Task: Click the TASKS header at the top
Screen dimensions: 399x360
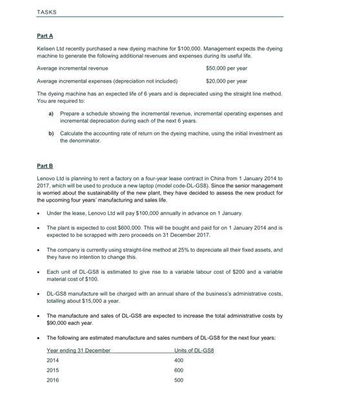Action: [x=47, y=12]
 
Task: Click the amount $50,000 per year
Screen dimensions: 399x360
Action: [x=226, y=68]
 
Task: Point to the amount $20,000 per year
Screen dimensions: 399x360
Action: [x=226, y=81]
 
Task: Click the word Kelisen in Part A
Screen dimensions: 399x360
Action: [x=46, y=49]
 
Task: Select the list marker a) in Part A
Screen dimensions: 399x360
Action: [x=51, y=113]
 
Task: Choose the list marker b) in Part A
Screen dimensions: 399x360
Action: [x=51, y=132]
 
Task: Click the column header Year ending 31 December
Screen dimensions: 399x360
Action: [x=79, y=350]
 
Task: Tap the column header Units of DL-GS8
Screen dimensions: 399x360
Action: [x=194, y=350]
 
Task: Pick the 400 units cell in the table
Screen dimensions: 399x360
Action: [x=179, y=360]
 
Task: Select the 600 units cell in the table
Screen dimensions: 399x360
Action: [x=179, y=371]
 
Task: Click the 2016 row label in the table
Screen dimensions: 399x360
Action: [x=53, y=380]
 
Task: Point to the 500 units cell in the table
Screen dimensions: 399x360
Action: [x=179, y=380]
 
